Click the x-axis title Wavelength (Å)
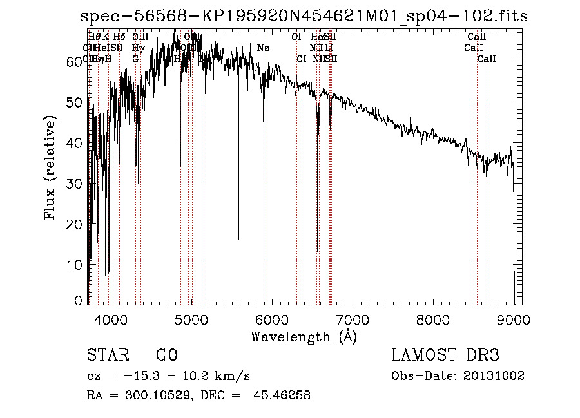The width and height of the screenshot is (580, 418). [304, 336]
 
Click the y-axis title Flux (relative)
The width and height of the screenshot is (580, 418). [50, 167]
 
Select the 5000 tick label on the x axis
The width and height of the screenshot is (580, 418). [191, 319]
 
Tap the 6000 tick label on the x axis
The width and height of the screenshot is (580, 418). [272, 319]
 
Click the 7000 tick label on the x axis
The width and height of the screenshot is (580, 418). [353, 319]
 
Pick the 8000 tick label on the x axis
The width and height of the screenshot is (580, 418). [433, 319]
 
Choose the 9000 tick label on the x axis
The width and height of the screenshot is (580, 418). [514, 319]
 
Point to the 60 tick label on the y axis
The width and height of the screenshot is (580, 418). [75, 61]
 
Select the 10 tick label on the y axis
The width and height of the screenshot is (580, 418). [75, 264]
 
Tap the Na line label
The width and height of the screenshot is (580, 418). [263, 48]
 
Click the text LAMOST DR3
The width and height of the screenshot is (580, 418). [445, 355]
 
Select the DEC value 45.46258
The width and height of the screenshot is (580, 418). [283, 395]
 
